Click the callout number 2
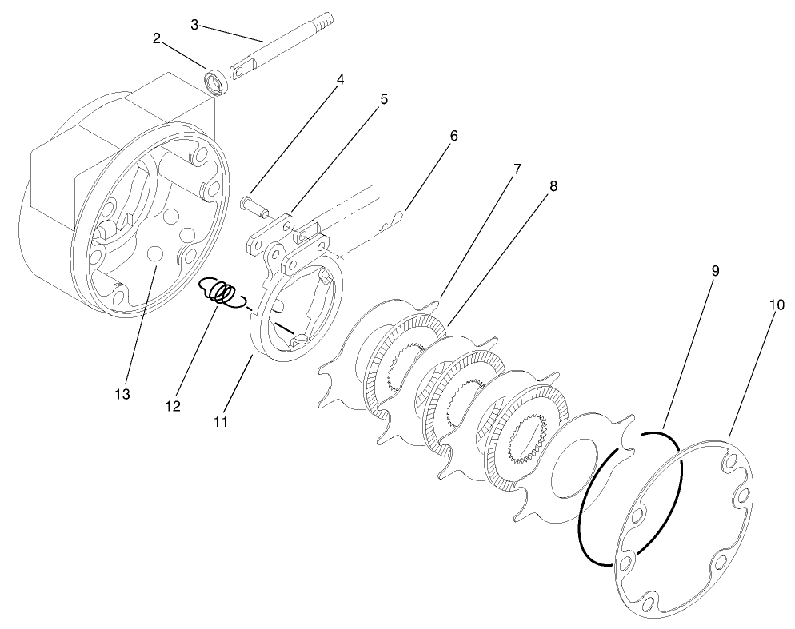point(158,38)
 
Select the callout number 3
point(194,24)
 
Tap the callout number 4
point(340,80)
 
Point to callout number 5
point(384,100)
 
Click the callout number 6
point(453,136)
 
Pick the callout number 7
point(517,169)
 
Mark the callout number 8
point(553,186)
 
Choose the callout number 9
point(715,271)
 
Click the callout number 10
point(776,305)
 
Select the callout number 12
point(173,407)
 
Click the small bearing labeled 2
point(214,82)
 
